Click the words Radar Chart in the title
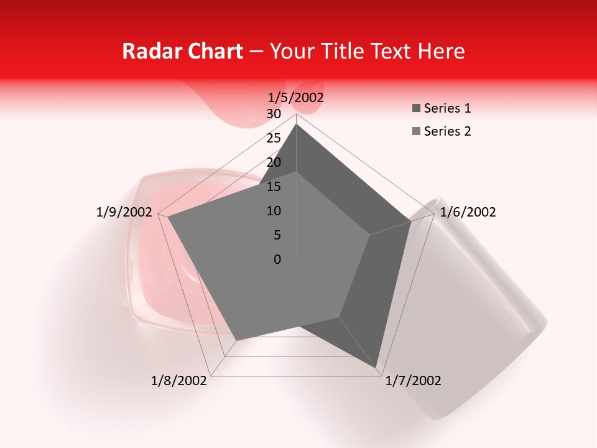tap(182, 51)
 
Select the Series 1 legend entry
tap(442, 108)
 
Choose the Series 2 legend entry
tap(442, 131)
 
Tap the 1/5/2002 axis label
tap(295, 97)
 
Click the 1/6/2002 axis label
tap(468, 212)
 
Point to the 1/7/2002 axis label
tap(413, 381)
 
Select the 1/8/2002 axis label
tap(179, 381)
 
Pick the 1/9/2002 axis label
tap(124, 212)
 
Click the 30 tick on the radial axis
tap(274, 114)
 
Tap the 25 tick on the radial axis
tap(274, 138)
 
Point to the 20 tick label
tap(274, 162)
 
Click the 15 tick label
tap(274, 187)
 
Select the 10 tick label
tap(274, 211)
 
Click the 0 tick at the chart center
tap(277, 259)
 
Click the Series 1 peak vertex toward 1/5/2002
tap(296, 124)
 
